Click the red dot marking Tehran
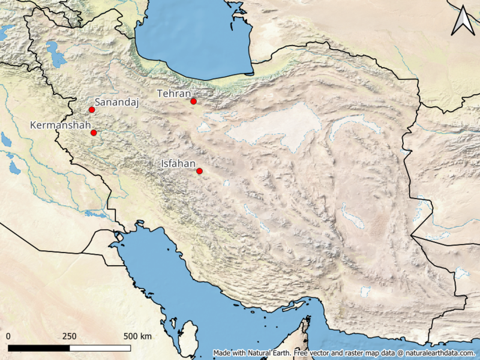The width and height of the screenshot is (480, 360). point(193,101)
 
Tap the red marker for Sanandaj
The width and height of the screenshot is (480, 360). point(92,110)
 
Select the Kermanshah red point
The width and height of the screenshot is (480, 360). point(94,133)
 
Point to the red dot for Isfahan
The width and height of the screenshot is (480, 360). point(200,172)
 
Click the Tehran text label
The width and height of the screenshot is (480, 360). point(173,94)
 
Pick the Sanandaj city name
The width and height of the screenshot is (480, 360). point(117,103)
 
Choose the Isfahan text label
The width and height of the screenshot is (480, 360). point(179,163)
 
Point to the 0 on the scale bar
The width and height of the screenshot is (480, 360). point(9,335)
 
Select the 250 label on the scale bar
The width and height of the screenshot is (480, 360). point(70,335)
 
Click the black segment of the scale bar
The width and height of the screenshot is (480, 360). point(39,347)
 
